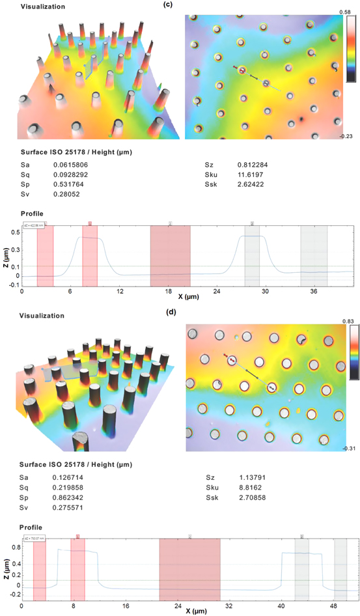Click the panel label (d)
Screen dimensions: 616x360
tap(172, 311)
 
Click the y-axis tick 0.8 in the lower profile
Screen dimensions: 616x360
tap(16, 548)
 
